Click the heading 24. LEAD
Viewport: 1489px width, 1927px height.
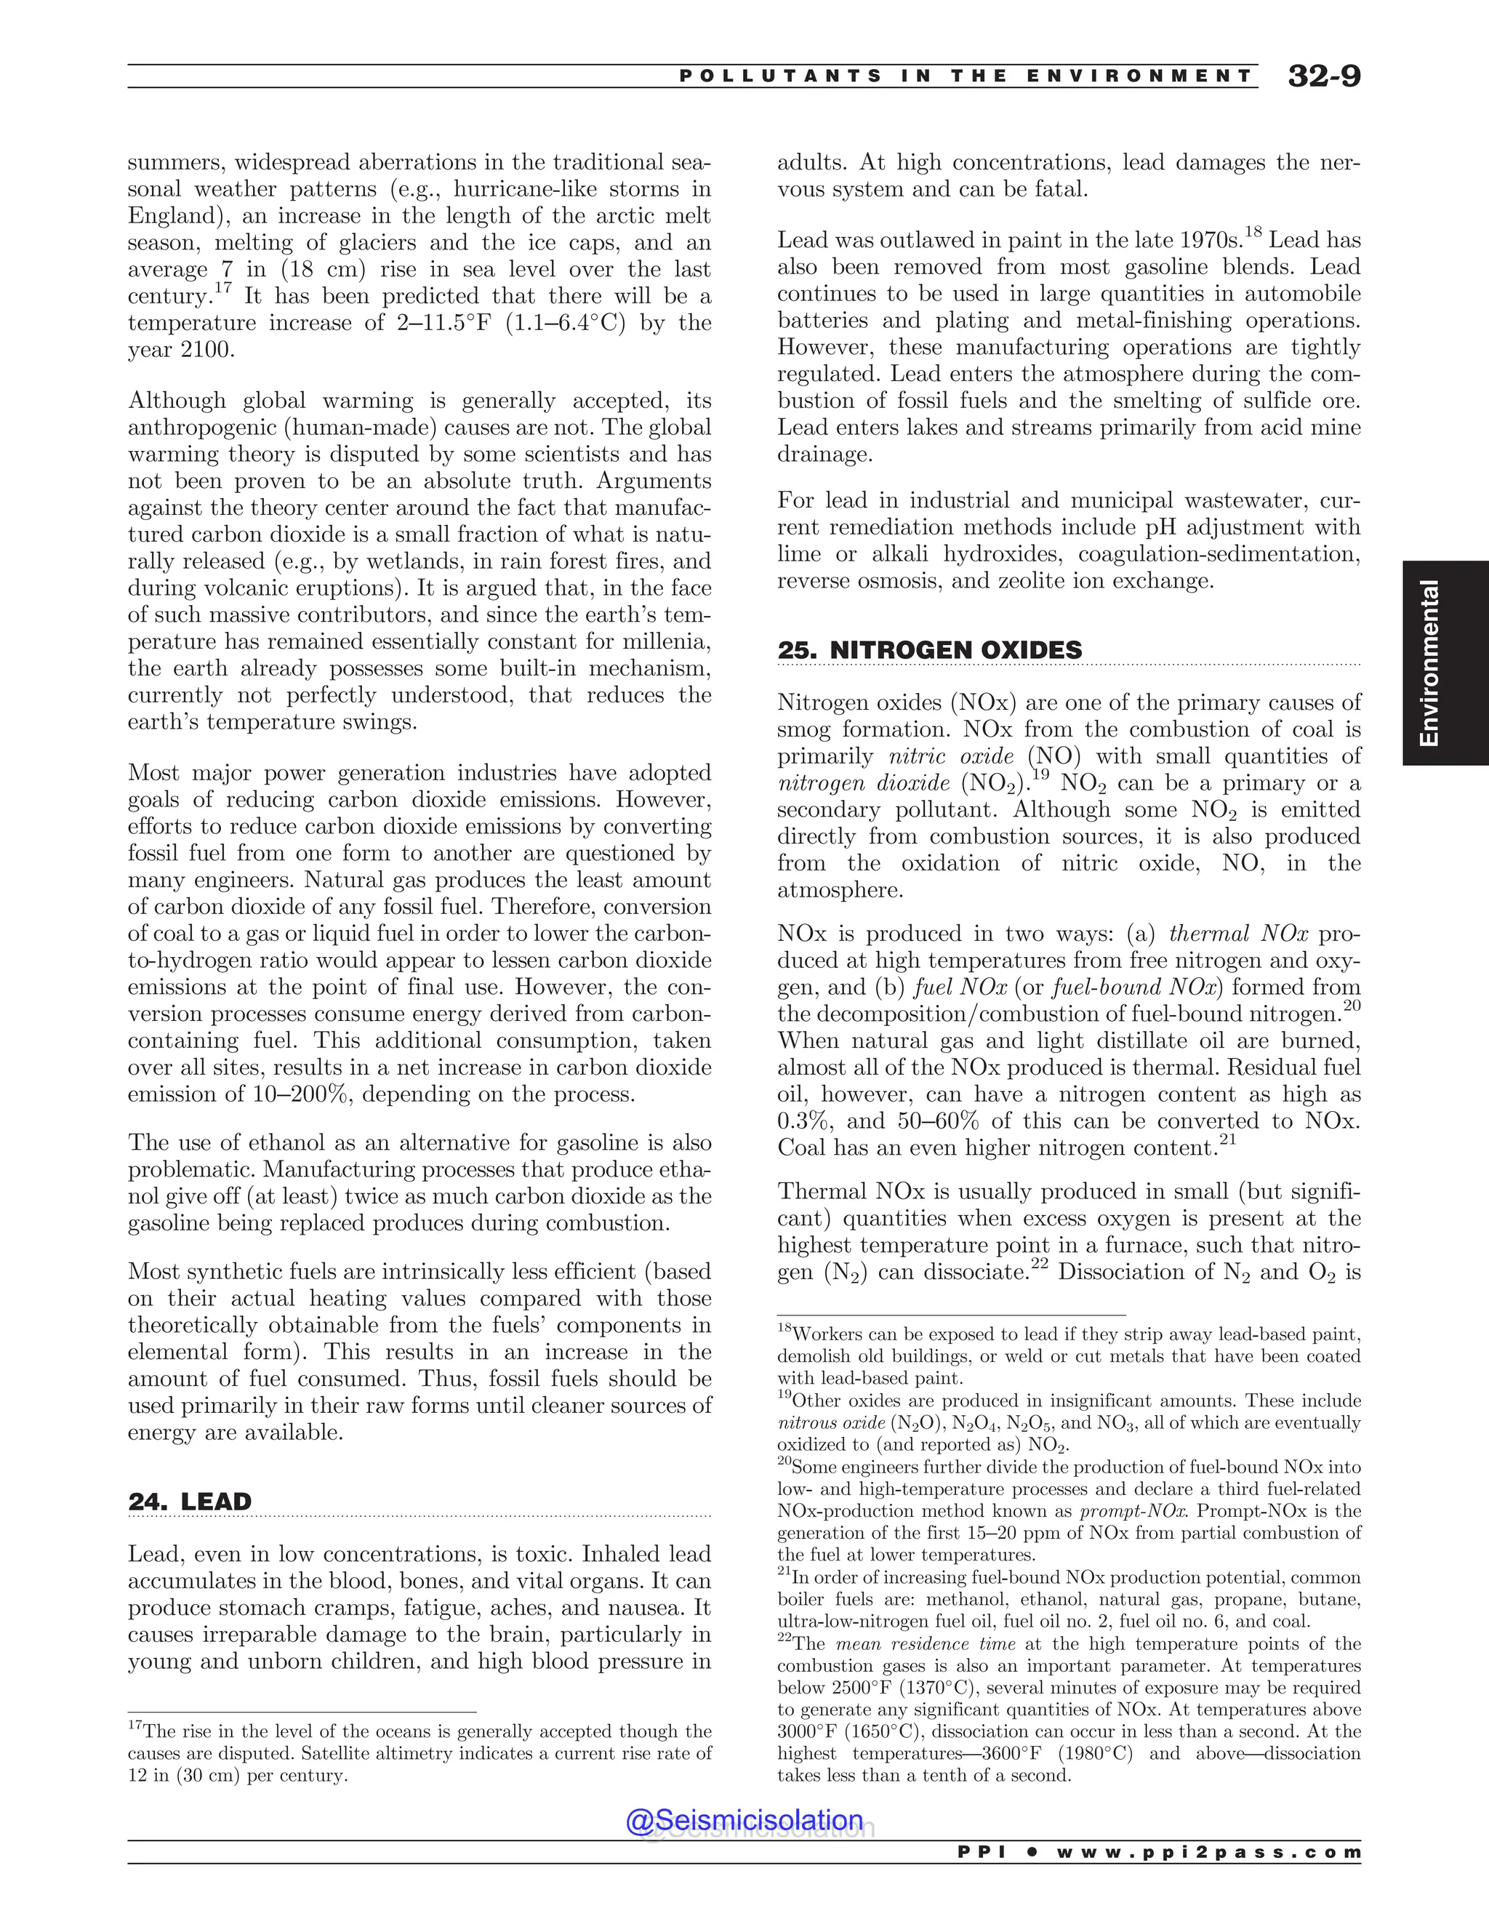[190, 1501]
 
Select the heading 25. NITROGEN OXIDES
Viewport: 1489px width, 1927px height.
[929, 650]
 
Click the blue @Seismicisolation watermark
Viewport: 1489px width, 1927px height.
[744, 1819]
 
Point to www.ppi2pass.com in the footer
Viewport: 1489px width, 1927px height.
[1208, 1853]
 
